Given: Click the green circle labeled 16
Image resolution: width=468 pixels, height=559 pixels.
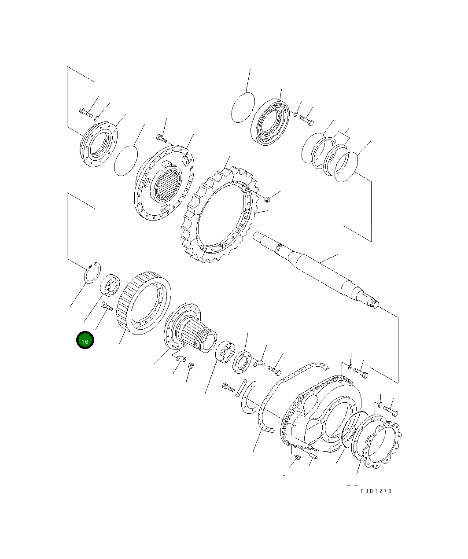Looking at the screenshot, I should pos(85,341).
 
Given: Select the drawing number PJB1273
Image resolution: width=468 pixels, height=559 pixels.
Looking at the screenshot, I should pos(376,491).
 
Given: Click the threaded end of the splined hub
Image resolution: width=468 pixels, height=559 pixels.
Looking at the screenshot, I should pos(207,341).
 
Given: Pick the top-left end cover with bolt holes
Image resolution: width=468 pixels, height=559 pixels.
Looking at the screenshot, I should pos(98,143).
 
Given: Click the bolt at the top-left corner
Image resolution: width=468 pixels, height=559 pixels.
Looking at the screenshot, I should pos(85,112).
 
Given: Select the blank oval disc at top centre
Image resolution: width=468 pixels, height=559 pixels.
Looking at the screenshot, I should pos(243,107).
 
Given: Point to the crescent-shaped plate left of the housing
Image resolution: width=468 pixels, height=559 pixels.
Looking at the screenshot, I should pos(248,399).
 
